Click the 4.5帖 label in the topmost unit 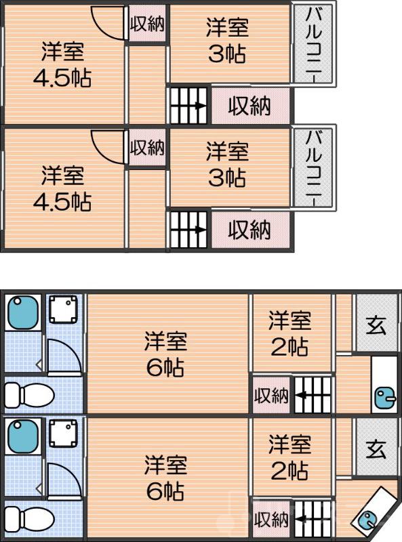[x=62, y=76]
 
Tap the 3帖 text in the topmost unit [x=227, y=54]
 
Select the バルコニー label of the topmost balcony [x=313, y=43]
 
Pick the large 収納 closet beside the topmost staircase [x=249, y=106]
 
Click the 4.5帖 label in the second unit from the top [x=62, y=201]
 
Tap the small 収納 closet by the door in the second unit [x=147, y=147]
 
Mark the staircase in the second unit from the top [x=188, y=231]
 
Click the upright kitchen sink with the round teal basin [x=385, y=384]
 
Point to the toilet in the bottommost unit [x=28, y=518]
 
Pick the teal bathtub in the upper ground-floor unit [x=22, y=312]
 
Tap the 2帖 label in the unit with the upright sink [x=289, y=347]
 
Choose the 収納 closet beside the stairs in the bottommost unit [x=270, y=520]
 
